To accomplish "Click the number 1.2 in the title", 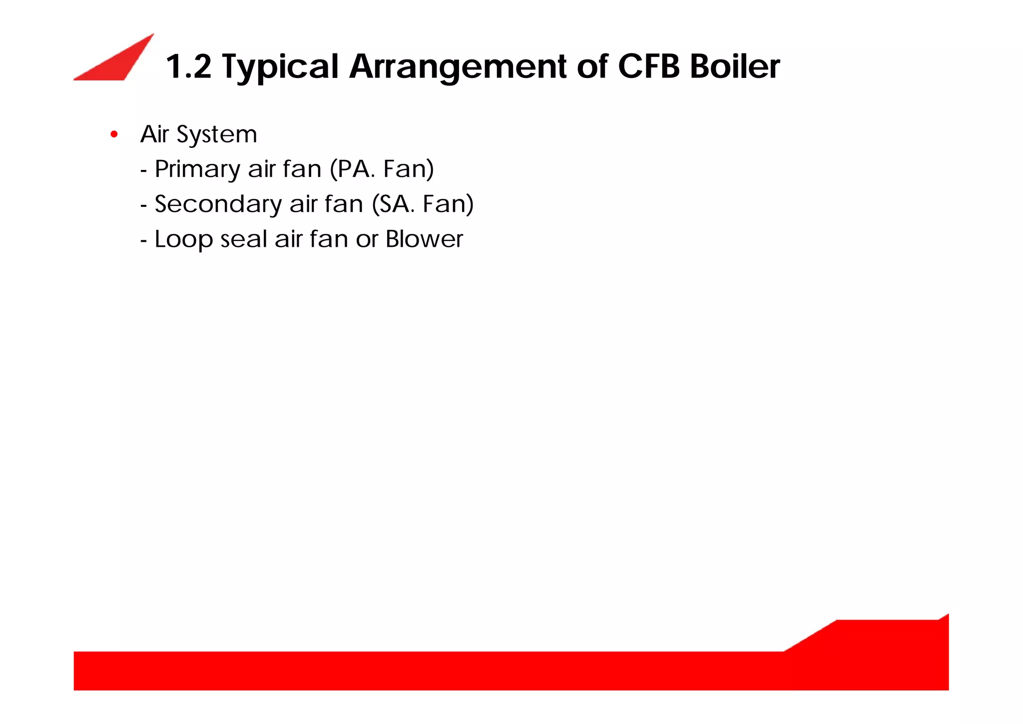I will click(188, 66).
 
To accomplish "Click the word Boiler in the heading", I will click(735, 66).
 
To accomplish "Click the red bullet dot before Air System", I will click(114, 134).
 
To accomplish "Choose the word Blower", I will click(424, 239).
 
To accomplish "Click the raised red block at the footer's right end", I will click(889, 645).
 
